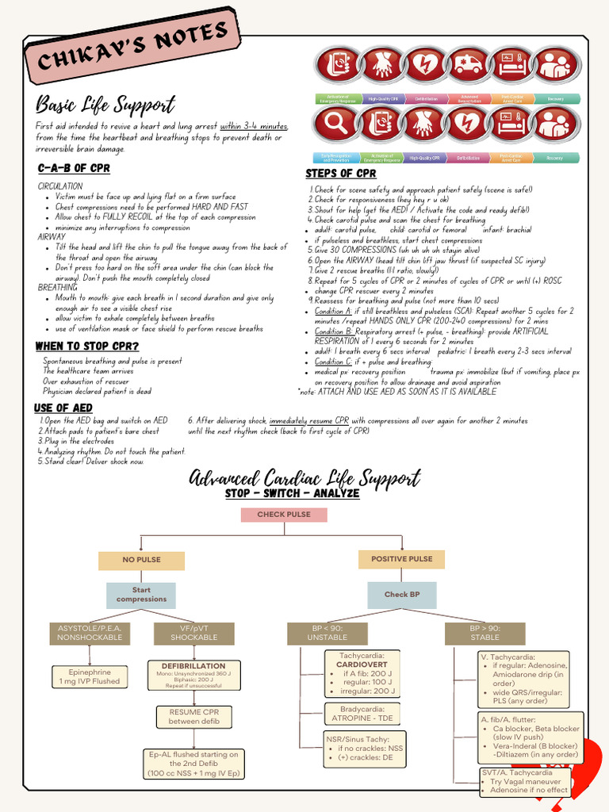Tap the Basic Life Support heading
click(x=105, y=105)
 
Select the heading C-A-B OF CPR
click(x=74, y=168)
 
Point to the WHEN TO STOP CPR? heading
click(x=87, y=347)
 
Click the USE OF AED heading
click(x=63, y=408)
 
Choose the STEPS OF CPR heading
click(x=341, y=174)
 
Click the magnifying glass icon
click(x=334, y=124)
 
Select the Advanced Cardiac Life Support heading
click(x=304, y=477)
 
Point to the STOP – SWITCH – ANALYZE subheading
click(x=292, y=493)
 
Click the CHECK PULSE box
click(x=283, y=515)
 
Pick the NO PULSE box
click(x=141, y=560)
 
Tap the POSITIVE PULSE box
click(x=402, y=559)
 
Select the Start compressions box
click(x=141, y=595)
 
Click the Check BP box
click(x=402, y=594)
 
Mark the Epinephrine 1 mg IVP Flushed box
click(x=90, y=676)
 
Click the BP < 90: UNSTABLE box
click(x=327, y=633)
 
